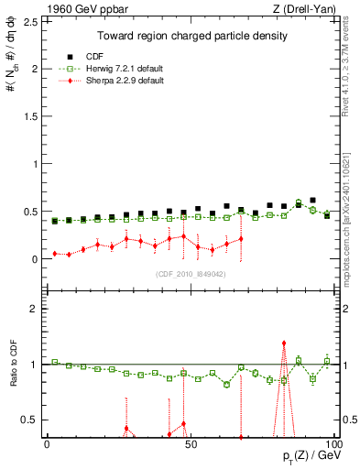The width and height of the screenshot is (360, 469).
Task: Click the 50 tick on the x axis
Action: (x=188, y=443)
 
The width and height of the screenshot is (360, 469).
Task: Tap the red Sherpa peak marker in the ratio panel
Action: (x=284, y=343)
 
